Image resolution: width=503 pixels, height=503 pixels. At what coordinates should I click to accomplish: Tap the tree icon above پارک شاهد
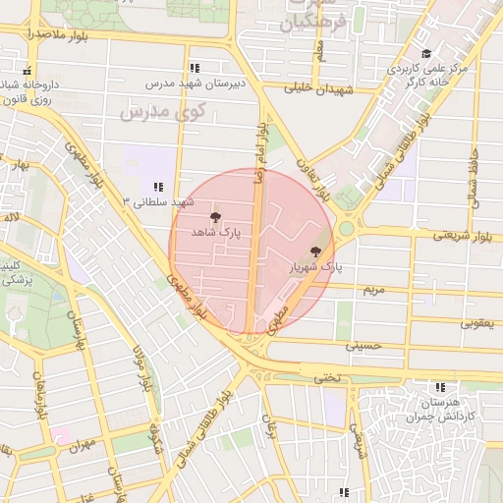(x=215, y=217)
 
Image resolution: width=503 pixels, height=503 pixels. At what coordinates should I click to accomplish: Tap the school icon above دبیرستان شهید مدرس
(x=195, y=68)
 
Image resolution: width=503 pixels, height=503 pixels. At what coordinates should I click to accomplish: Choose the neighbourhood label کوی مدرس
(x=162, y=111)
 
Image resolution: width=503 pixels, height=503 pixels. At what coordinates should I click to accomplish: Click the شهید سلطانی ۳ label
(x=140, y=201)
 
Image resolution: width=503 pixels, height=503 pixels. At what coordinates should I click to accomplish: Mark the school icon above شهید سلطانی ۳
(x=157, y=186)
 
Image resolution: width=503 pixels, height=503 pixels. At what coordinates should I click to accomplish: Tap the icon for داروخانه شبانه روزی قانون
(x=27, y=71)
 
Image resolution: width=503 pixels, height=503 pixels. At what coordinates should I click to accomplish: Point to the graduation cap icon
(x=425, y=54)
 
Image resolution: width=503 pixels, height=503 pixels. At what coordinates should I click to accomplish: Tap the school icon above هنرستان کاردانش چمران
(x=441, y=387)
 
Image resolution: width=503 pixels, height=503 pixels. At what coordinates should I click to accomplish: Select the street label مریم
(x=371, y=291)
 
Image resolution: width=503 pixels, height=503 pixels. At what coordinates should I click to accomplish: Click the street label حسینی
(x=360, y=346)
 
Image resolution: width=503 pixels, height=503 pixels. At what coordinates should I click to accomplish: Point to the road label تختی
(x=324, y=377)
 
